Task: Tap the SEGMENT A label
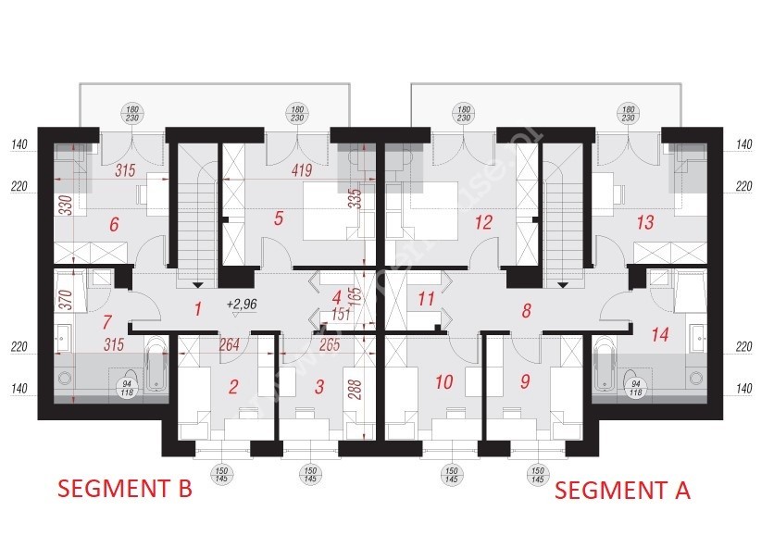(622, 491)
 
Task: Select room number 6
(115, 224)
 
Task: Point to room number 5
(277, 219)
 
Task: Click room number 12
(482, 222)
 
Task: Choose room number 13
(645, 222)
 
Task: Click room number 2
(234, 387)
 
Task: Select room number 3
(318, 387)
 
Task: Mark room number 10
(443, 380)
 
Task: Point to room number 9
(525, 380)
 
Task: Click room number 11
(426, 299)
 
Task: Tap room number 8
(526, 311)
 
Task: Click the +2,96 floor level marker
(242, 303)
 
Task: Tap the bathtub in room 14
(605, 367)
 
